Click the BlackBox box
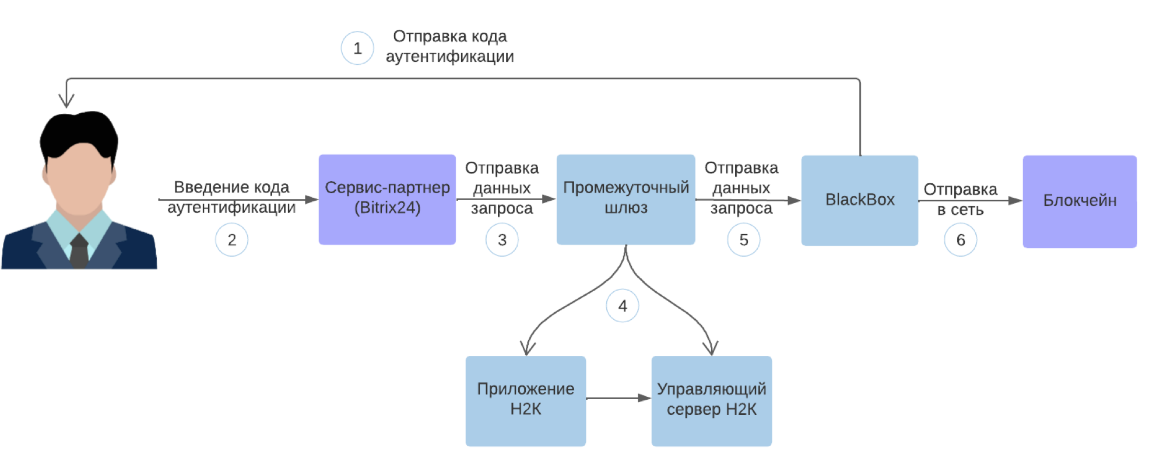[859, 200]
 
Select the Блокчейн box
[1080, 201]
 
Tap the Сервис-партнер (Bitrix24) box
[387, 199]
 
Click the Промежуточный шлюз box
[625, 199]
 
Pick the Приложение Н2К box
[525, 400]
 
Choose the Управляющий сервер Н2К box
[711, 400]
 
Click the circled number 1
[357, 48]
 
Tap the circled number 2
[231, 240]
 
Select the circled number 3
[502, 240]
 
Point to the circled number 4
[623, 306]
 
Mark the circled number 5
[744, 240]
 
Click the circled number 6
[961, 240]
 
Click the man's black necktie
[79, 251]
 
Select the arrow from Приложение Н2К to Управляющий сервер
[618, 398]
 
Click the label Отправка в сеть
[960, 200]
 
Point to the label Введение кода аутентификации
[231, 197]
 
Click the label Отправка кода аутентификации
[449, 47]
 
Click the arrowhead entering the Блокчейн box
[1015, 201]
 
